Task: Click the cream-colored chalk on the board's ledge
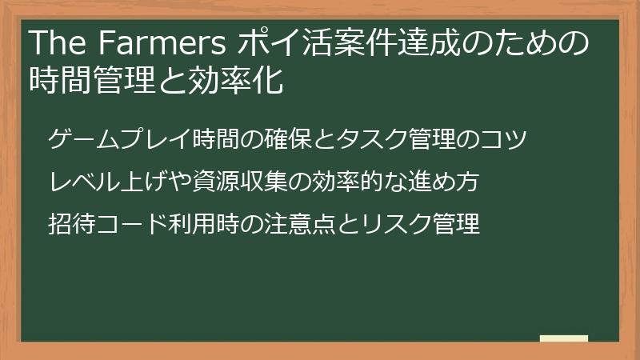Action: point(564,338)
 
